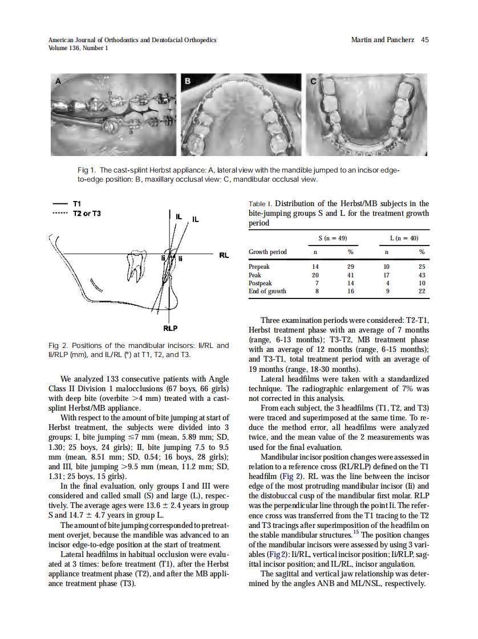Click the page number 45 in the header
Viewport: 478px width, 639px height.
(x=424, y=40)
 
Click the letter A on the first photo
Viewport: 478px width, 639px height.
(x=58, y=81)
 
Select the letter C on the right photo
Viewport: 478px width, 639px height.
(x=313, y=81)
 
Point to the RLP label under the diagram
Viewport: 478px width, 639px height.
(x=170, y=328)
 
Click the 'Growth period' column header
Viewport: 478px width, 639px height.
(x=268, y=252)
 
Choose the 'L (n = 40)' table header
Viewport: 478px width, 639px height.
(x=404, y=238)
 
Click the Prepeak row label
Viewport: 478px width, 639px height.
(x=259, y=267)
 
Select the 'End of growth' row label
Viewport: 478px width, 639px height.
(x=268, y=291)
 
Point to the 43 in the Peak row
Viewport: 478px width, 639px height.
(x=422, y=275)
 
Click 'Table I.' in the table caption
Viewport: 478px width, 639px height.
(x=260, y=204)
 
